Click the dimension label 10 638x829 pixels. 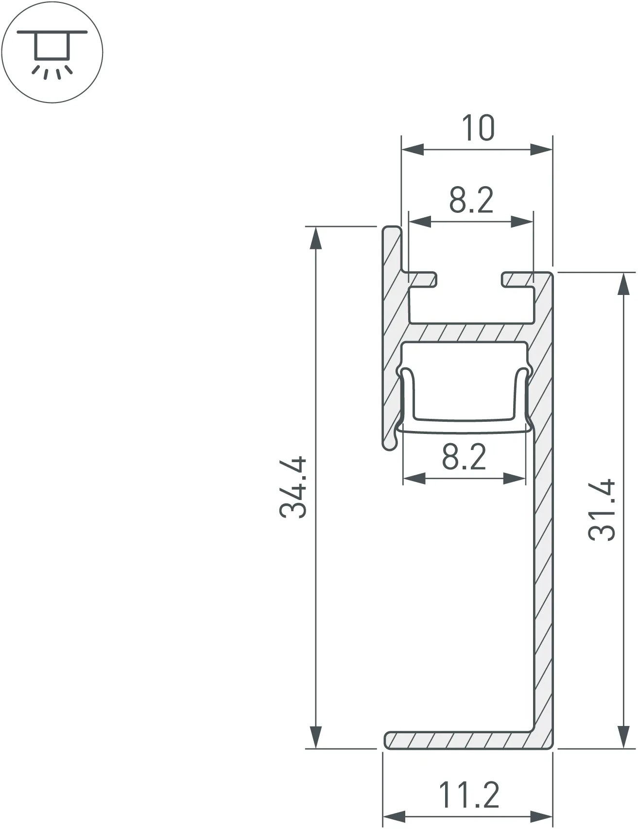click(x=478, y=128)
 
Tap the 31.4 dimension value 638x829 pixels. click(x=602, y=510)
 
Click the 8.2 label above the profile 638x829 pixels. click(x=471, y=200)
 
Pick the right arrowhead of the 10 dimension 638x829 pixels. click(x=541, y=150)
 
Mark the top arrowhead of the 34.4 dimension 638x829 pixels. click(x=316, y=238)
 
